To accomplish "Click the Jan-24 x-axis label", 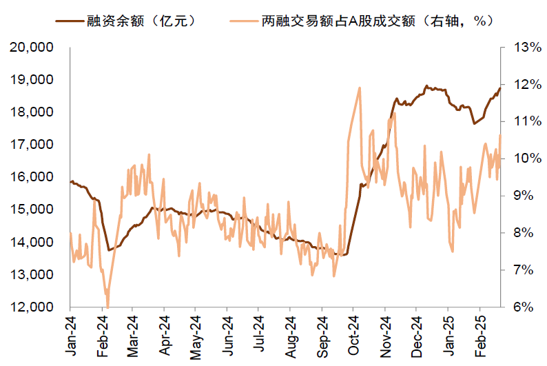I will (x=71, y=336).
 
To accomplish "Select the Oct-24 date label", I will (x=353, y=336).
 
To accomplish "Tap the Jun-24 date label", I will (x=228, y=336).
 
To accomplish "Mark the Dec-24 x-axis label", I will (x=416, y=336).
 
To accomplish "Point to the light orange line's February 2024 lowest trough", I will (x=107, y=306).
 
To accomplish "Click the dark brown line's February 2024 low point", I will (x=109, y=250).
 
